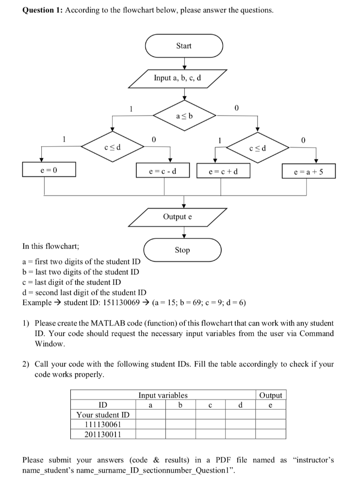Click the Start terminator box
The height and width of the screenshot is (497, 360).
[x=184, y=46]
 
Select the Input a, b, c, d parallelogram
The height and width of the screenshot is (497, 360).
[x=178, y=78]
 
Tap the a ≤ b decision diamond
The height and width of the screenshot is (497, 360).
[x=184, y=116]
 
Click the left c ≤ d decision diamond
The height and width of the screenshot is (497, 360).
[x=113, y=146]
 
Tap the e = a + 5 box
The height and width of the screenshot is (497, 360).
[x=309, y=171]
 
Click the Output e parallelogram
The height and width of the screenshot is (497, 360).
[x=178, y=217]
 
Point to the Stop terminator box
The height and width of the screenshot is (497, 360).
[x=182, y=250]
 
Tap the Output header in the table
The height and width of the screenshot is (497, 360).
[x=271, y=395]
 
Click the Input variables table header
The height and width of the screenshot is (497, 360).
[x=164, y=395]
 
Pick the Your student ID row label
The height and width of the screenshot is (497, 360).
[x=103, y=414]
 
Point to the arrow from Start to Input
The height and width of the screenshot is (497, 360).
[x=184, y=63]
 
